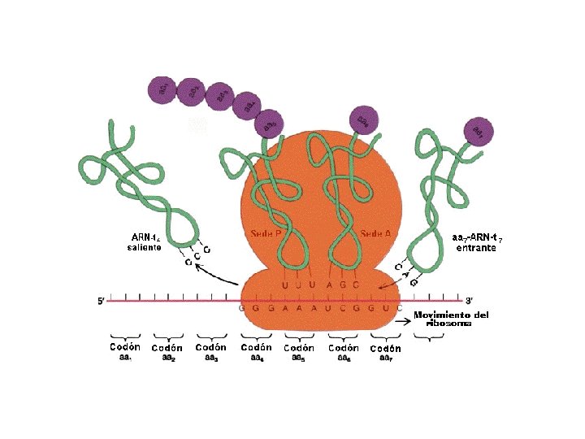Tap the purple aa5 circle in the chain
(268, 123)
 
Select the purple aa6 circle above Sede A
(363, 121)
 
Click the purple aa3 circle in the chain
(219, 96)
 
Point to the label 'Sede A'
(375, 233)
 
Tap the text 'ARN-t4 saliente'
(145, 242)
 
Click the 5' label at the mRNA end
(102, 301)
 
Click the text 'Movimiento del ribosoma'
(451, 318)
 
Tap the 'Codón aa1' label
(125, 351)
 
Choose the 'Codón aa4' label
(256, 351)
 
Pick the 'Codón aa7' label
(384, 352)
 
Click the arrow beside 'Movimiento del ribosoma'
(401, 321)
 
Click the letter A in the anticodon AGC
(330, 285)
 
